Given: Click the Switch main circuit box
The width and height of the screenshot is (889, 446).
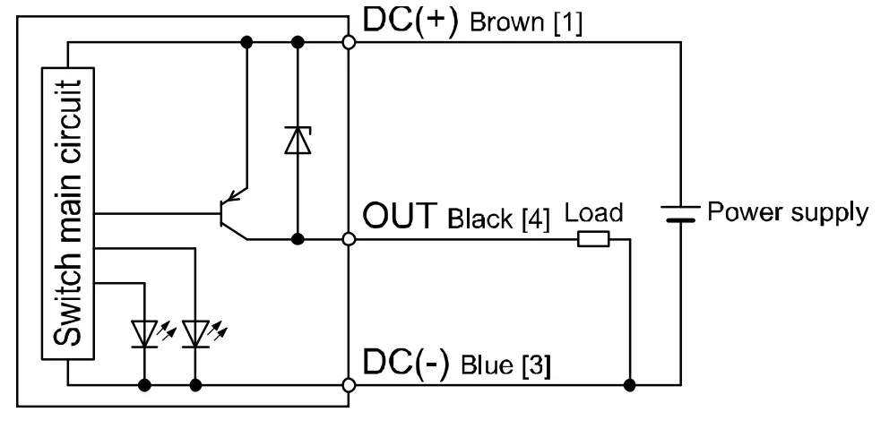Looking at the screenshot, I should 68,214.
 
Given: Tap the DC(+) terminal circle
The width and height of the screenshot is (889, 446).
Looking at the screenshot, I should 349,42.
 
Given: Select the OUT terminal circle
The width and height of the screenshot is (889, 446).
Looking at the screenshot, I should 349,239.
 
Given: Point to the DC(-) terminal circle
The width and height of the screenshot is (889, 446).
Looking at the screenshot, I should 349,386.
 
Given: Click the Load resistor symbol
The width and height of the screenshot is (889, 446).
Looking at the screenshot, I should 593,239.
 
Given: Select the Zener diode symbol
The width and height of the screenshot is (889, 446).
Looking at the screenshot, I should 297,140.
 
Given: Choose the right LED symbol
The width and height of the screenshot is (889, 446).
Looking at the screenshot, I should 194,333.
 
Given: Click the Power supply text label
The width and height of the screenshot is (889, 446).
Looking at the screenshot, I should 788,213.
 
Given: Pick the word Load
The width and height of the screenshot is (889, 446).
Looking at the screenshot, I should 593,215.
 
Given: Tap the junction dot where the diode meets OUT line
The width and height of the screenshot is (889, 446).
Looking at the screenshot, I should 297,239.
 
